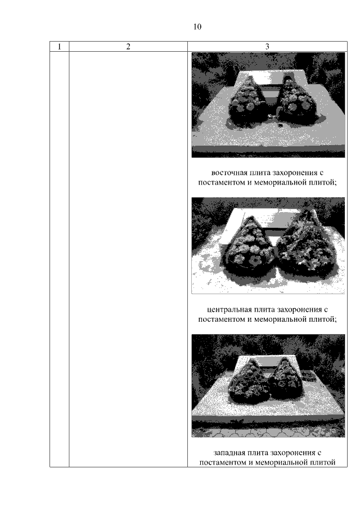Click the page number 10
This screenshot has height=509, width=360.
click(x=197, y=26)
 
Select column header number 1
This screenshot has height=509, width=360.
click(x=60, y=47)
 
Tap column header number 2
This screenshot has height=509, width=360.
click(x=128, y=47)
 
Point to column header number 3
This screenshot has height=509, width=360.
click(x=267, y=47)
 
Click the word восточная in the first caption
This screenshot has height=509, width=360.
click(x=228, y=172)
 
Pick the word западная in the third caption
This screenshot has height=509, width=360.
click(x=229, y=453)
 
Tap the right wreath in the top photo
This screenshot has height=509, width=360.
click(x=296, y=102)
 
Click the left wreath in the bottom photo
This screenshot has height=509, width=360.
click(x=249, y=382)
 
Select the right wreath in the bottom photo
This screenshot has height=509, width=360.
click(x=286, y=380)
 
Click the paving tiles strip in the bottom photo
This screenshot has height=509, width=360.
click(x=268, y=431)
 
